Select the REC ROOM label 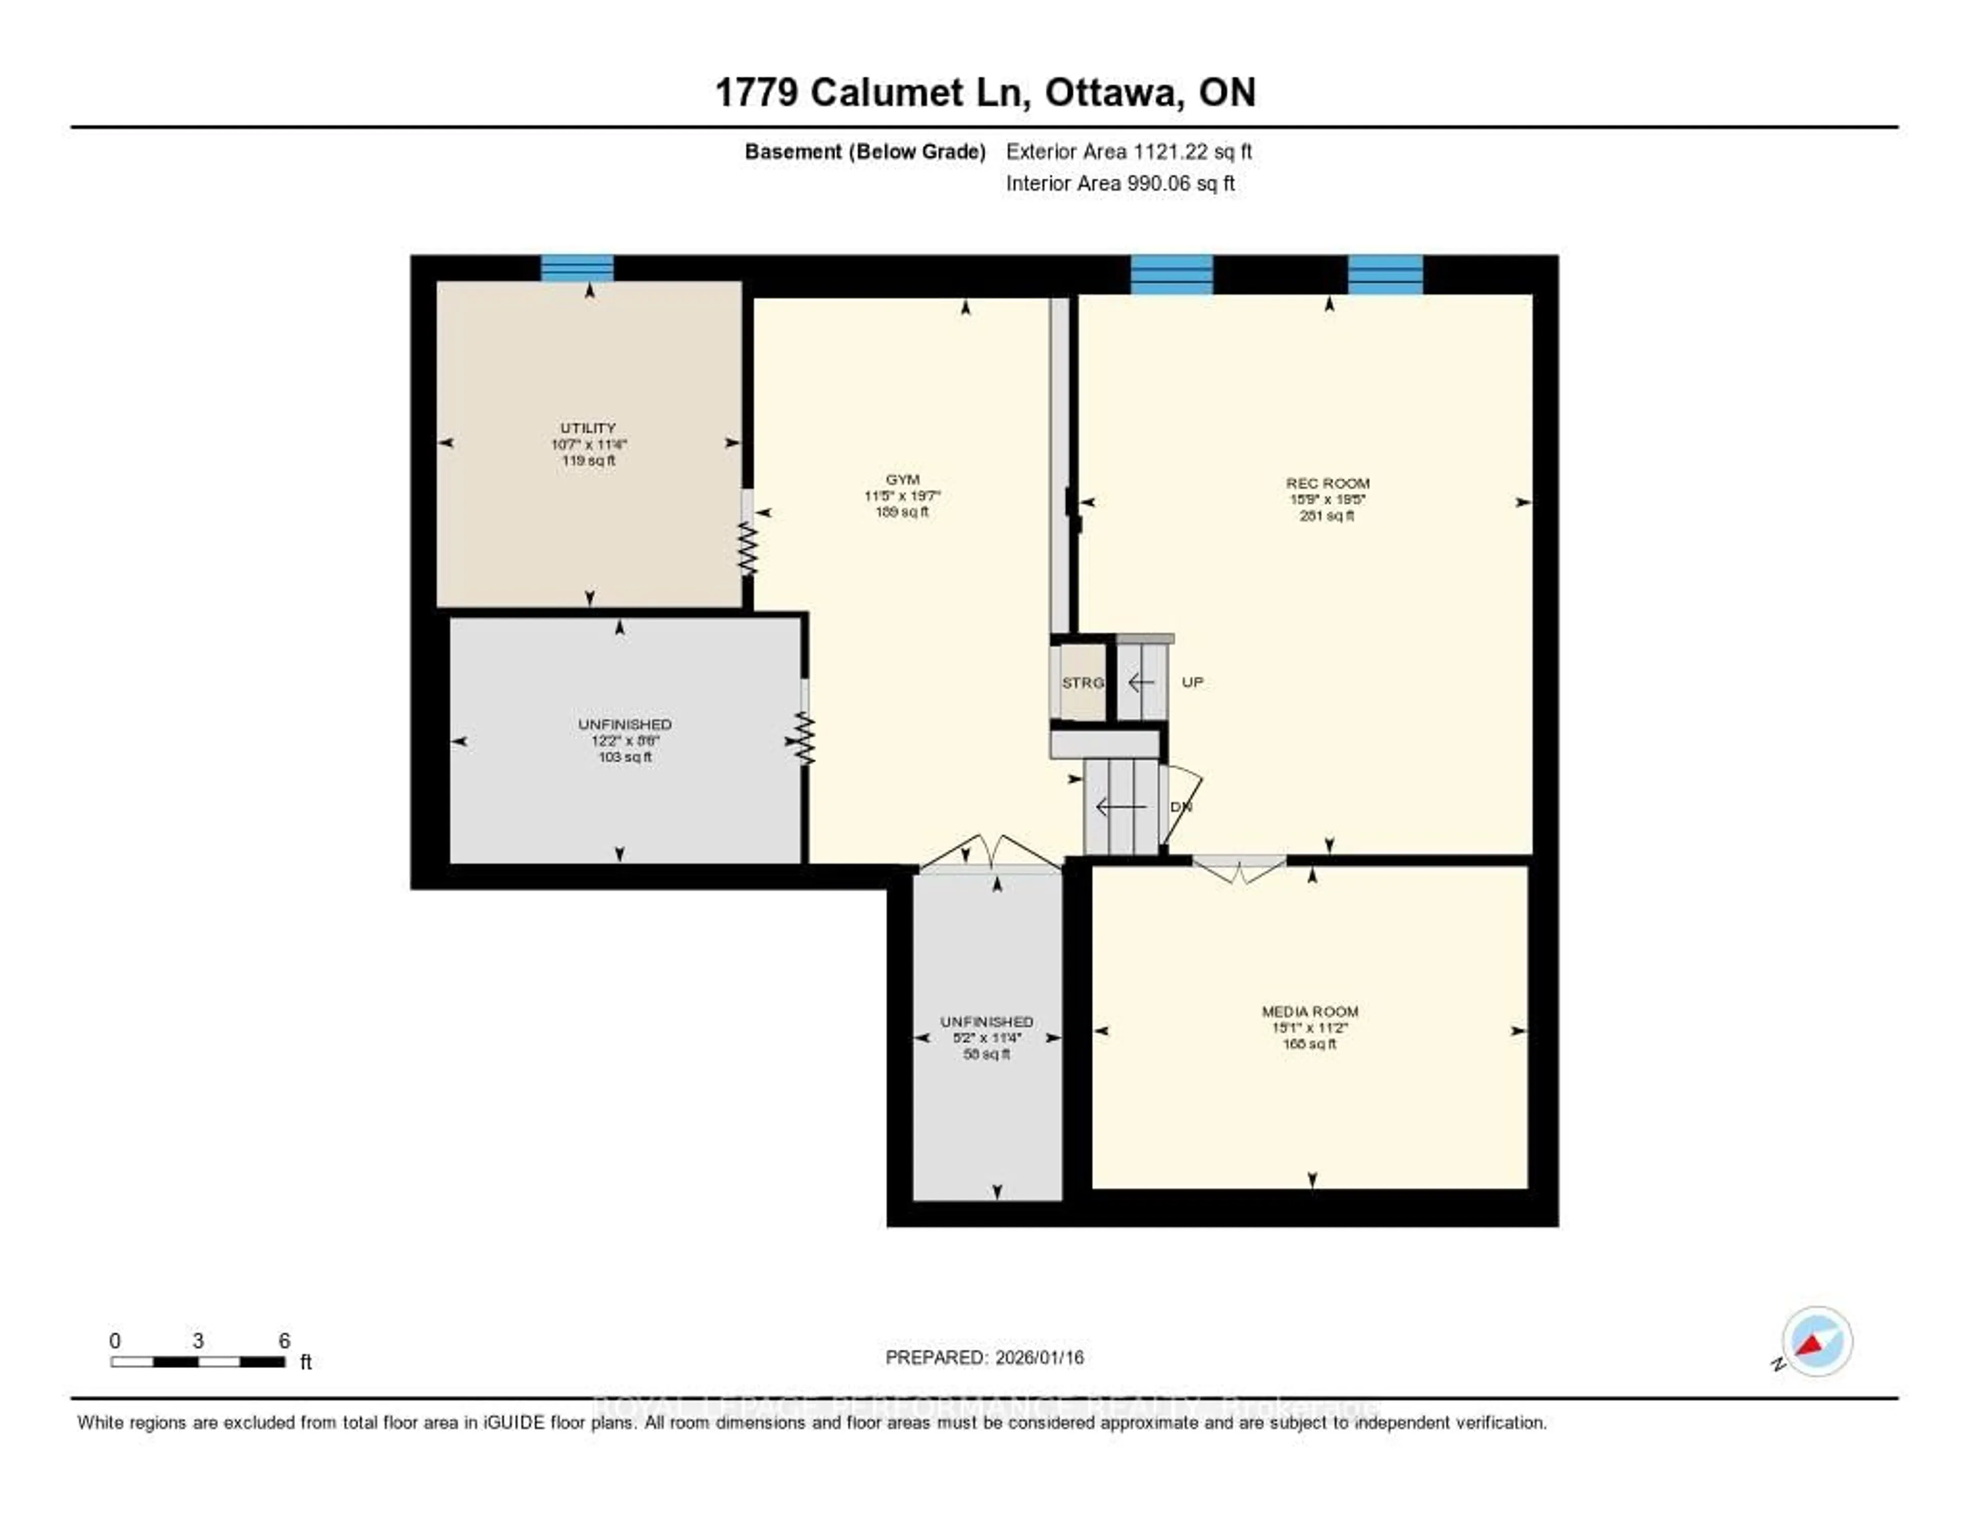coord(1327,483)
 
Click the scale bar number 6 coord(284,1340)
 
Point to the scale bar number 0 coord(114,1340)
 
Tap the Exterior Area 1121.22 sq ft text coord(1129,151)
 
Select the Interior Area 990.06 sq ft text coord(1120,183)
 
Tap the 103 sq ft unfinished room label coord(625,756)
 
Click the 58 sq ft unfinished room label coord(987,1053)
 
